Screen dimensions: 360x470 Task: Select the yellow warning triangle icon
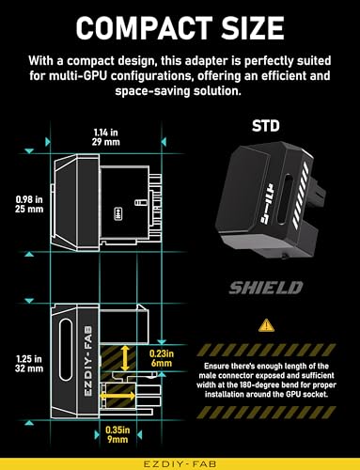261,327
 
